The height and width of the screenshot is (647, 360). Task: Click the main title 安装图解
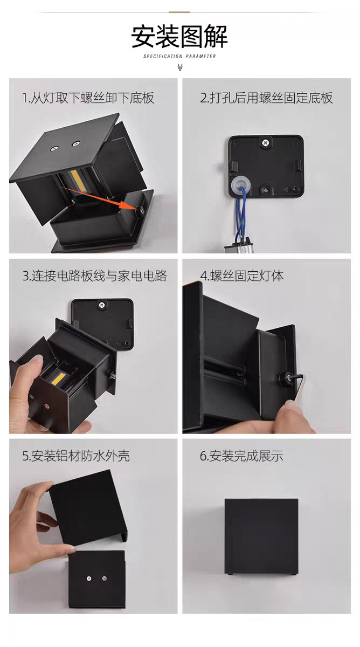pyautogui.click(x=179, y=36)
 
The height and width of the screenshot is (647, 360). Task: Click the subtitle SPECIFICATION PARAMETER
pyautogui.click(x=179, y=56)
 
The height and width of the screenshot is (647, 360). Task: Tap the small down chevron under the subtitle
pyautogui.click(x=180, y=67)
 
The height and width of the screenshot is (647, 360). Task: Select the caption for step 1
pyautogui.click(x=88, y=98)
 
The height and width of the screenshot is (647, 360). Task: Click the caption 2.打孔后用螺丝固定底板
pyautogui.click(x=266, y=98)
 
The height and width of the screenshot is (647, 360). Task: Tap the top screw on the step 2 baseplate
pyautogui.click(x=265, y=143)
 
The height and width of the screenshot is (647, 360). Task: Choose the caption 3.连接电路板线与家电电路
pyautogui.click(x=94, y=276)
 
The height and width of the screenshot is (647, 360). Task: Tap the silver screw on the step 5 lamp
pyautogui.click(x=88, y=578)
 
